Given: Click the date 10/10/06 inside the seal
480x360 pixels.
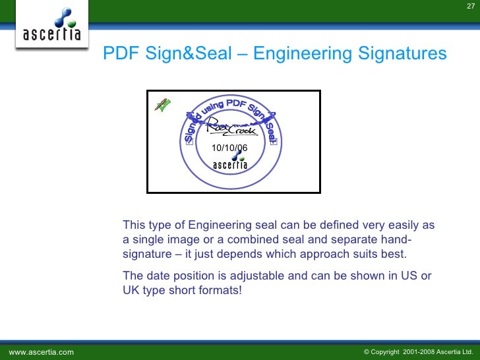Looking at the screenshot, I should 229,148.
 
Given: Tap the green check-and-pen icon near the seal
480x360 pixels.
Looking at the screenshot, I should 162,104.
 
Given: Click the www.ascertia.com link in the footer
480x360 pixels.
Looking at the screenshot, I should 41,352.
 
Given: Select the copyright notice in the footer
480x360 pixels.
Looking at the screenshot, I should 419,352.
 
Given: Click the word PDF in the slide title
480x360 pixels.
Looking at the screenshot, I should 119,53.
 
